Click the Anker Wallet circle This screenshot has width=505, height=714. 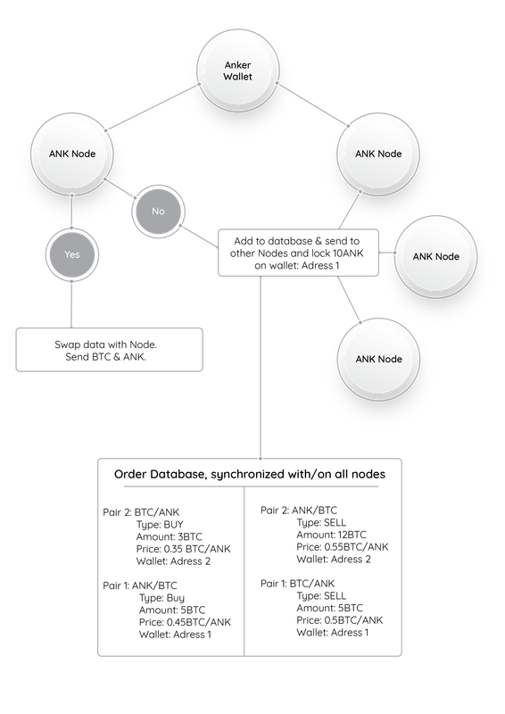coord(237,71)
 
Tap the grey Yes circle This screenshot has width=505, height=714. coord(72,254)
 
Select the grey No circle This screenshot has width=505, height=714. coord(158,212)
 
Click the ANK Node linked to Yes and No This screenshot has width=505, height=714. coord(72,154)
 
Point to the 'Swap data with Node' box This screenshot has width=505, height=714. coord(109,350)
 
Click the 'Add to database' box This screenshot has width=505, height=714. coord(298,253)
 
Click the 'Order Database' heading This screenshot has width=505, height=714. coord(250,475)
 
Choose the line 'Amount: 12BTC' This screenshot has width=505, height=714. coord(332,535)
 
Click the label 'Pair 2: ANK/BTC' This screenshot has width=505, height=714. coord(299,511)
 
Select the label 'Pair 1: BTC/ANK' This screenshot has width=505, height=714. coord(297,584)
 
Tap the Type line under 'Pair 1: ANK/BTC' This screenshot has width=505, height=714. coord(161,598)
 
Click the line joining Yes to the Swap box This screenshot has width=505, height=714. coord(71,304)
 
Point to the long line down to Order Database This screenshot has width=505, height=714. coord(261,368)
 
